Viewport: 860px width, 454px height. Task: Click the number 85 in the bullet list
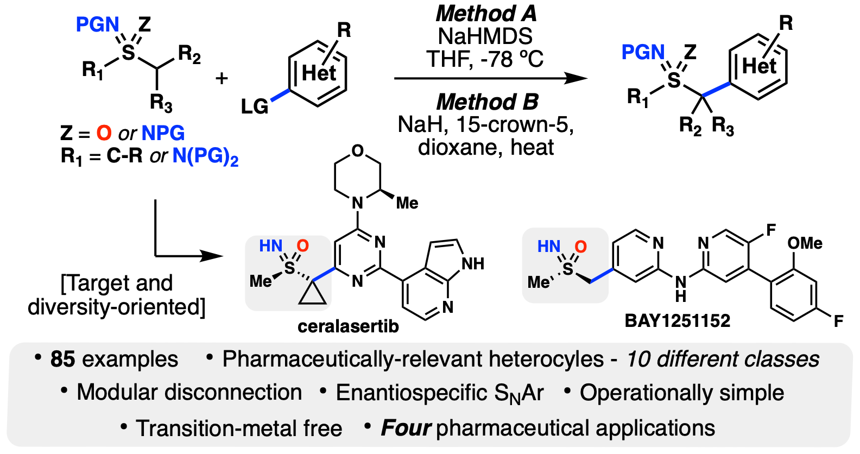tap(62, 360)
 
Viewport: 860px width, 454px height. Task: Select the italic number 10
tap(637, 360)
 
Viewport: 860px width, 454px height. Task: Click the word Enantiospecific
tap(412, 393)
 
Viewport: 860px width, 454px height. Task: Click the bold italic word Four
tap(406, 428)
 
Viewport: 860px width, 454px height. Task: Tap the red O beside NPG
tap(104, 133)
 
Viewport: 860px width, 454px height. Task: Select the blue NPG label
tap(163, 133)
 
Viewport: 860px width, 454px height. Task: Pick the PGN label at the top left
tap(97, 24)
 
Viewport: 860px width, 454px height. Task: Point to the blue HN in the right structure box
tap(549, 247)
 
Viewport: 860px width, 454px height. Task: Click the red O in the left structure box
tap(303, 246)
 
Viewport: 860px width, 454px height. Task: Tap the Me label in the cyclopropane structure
tap(261, 281)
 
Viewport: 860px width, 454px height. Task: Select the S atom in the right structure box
tap(568, 268)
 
